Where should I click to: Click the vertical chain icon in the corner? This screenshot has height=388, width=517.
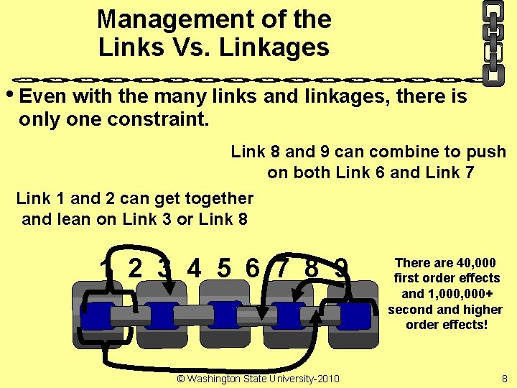coord(493,42)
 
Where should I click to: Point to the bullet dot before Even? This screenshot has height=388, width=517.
coord(9,96)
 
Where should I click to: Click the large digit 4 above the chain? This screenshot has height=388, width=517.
coord(193,268)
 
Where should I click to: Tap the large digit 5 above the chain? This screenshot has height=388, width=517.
coord(224,268)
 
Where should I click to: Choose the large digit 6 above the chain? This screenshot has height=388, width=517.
coord(252,268)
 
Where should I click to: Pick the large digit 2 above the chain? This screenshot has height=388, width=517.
coord(134,268)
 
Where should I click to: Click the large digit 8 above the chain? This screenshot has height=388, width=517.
coord(312,268)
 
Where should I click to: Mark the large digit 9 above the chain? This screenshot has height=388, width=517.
coord(342,268)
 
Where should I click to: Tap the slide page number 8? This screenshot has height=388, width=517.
coord(504,379)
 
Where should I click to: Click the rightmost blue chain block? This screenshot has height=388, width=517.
coord(355,315)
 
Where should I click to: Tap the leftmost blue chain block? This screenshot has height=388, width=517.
coord(98,316)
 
